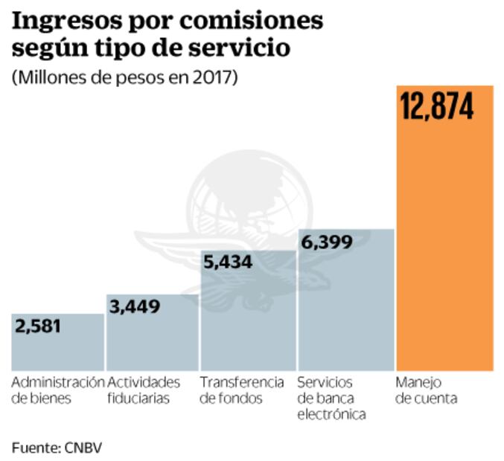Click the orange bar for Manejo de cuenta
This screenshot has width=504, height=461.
[444, 245]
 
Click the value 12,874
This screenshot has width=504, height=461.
[437, 108]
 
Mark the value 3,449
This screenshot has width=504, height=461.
[135, 306]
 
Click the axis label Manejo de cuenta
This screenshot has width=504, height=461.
[426, 390]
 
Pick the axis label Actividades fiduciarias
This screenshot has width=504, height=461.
[144, 390]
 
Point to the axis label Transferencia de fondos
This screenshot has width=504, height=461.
[242, 390]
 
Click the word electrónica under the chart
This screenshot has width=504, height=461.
[331, 415]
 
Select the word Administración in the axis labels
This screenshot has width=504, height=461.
[57, 382]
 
